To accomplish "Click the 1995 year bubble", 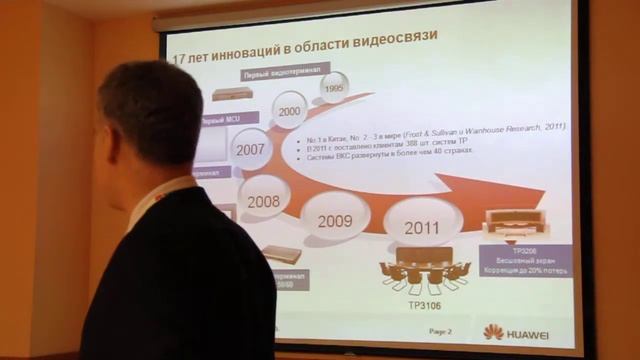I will (x=333, y=88).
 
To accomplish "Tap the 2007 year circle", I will (x=250, y=149).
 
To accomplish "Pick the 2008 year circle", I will (x=264, y=201).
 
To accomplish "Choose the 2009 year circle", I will (x=335, y=221).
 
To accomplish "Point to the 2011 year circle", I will (x=421, y=227).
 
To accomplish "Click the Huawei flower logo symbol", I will (x=493, y=332).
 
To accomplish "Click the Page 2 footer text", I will (x=440, y=331).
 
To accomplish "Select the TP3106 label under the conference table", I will (x=424, y=302).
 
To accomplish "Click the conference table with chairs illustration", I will (x=424, y=269).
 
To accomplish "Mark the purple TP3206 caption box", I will (x=527, y=259).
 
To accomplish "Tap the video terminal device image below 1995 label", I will (x=232, y=95).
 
